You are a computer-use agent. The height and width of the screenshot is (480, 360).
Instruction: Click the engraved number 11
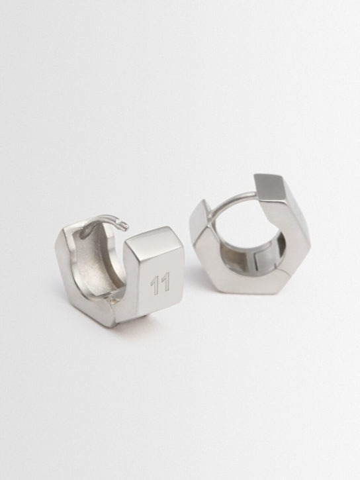click(159, 283)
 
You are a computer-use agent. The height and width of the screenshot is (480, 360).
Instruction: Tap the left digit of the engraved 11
click(155, 285)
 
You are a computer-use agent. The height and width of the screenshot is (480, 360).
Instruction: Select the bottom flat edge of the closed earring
click(255, 285)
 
